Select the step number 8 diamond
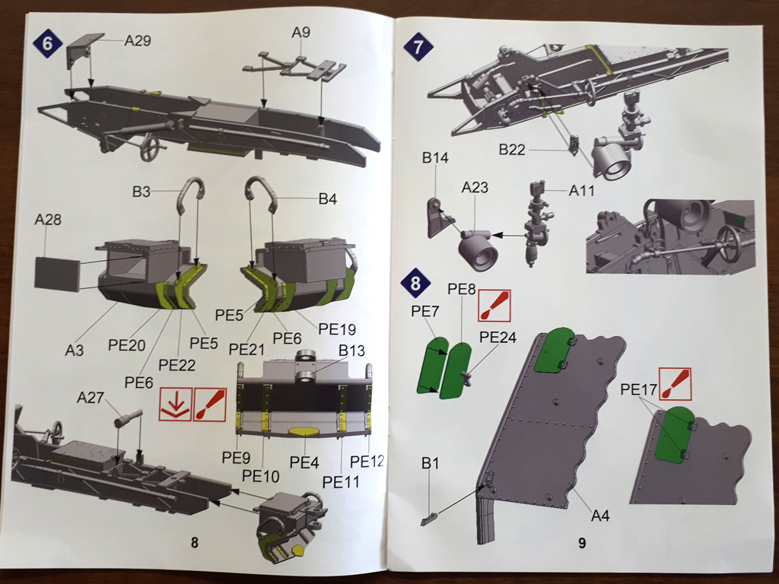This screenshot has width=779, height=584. click(415, 284)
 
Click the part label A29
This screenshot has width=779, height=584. click(138, 40)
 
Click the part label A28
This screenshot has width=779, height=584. click(48, 221)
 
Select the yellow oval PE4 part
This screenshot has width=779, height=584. click(304, 431)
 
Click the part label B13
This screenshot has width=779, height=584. click(352, 351)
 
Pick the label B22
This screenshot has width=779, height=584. click(513, 150)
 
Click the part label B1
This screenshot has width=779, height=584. click(431, 462)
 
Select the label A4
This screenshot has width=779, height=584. click(601, 516)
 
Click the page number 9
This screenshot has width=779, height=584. click(581, 543)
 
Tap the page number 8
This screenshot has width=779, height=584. click(195, 542)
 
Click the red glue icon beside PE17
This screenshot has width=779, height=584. click(675, 385)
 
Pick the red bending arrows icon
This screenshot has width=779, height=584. click(175, 405)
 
